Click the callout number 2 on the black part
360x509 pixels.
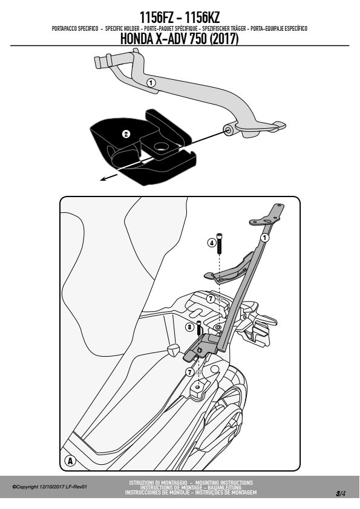coord(126,134)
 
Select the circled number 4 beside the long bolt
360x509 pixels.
coord(212,242)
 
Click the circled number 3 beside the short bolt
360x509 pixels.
coord(189,327)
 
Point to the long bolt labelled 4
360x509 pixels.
coord(220,243)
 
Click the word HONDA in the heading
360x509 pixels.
coord(137,39)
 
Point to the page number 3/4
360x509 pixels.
coord(341,494)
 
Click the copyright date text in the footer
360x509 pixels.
coord(50,487)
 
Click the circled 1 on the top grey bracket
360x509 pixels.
coord(151,83)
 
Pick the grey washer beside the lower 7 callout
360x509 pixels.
coord(199,372)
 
